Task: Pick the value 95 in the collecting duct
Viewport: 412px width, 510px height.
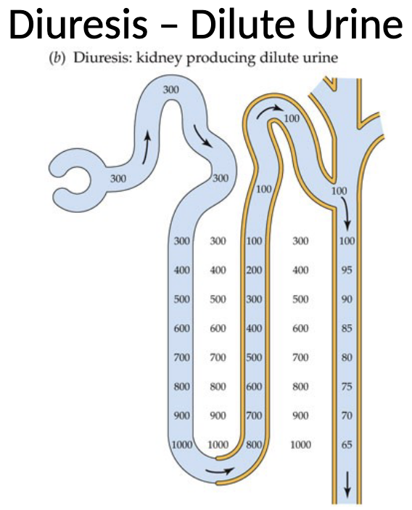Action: pos(346,270)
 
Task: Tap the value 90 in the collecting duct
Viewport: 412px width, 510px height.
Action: pos(346,299)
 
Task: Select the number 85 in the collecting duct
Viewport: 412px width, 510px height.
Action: pos(346,328)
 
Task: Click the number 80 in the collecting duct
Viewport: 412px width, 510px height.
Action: pos(346,357)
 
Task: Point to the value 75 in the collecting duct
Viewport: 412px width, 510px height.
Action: pos(346,386)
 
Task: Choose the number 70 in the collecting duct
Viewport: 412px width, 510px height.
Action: pos(346,415)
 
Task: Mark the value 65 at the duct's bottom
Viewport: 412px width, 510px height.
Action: pos(346,444)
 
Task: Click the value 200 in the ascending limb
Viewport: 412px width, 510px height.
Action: pos(254,270)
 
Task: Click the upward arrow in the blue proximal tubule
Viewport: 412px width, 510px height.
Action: pos(147,139)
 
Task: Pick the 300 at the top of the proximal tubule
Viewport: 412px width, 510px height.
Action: pos(170,89)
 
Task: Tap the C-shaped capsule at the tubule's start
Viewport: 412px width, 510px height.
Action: pos(69,175)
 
